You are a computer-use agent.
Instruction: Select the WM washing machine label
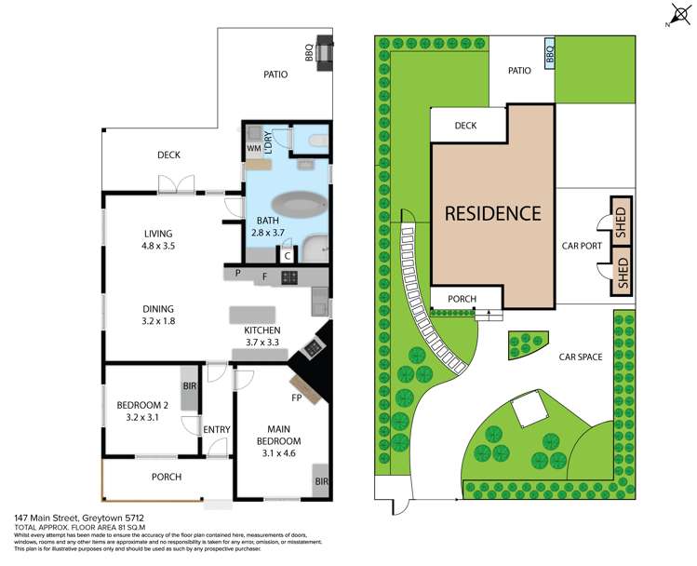[x=253, y=148]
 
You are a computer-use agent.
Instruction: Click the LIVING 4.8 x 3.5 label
[x=157, y=240]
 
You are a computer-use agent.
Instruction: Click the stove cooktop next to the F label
[x=289, y=276]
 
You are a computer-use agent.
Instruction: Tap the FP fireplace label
[x=298, y=398]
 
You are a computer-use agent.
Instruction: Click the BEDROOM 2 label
[x=141, y=411]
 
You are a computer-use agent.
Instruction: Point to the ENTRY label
[x=216, y=429]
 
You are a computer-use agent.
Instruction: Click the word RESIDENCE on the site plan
[x=492, y=213]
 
